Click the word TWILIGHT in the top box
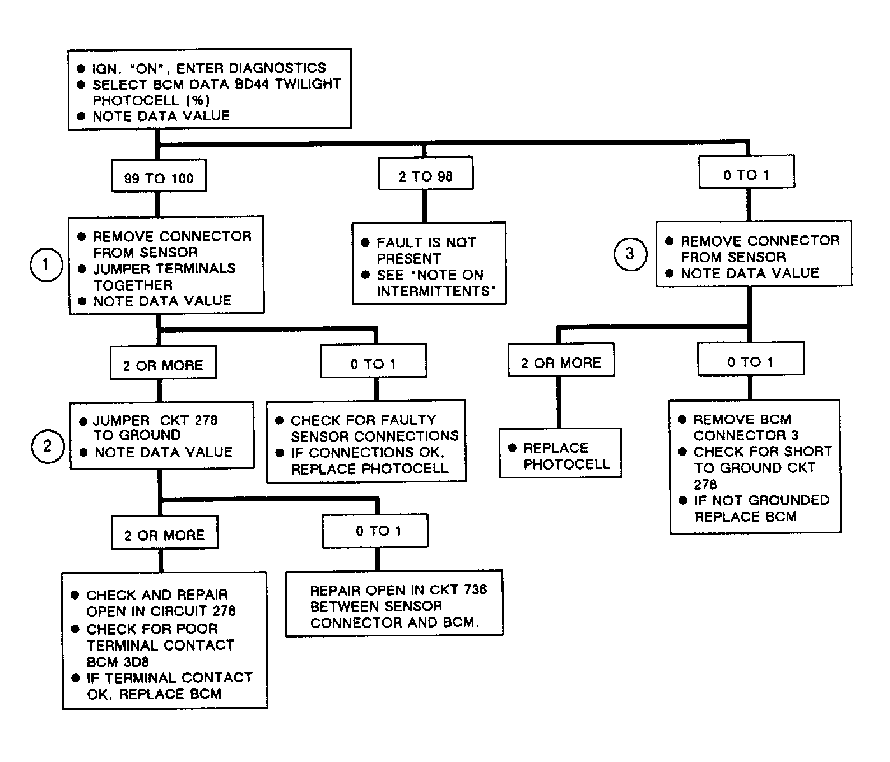308,83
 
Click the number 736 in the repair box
475,589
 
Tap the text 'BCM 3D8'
118,661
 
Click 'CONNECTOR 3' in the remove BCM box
746,435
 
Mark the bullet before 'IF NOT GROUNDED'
682,500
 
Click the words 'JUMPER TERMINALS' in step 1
164,269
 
